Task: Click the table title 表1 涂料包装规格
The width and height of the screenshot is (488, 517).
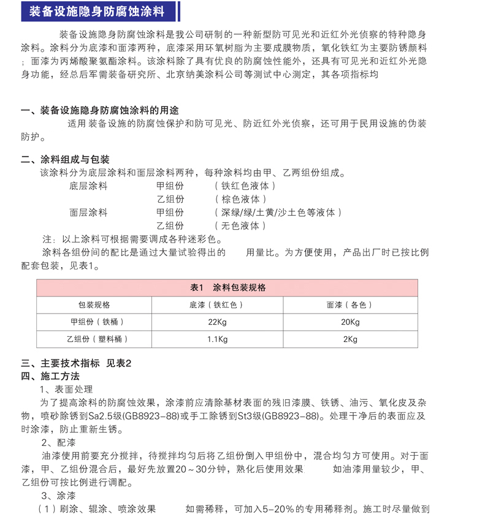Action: coord(227,287)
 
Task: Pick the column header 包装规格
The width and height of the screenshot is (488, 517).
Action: coord(93,304)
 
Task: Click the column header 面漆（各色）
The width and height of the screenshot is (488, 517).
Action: coord(350,304)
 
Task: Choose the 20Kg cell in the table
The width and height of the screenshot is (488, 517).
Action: coord(350,322)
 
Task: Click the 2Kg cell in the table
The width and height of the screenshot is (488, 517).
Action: coord(350,339)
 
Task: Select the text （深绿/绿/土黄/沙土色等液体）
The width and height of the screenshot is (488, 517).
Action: coord(278,213)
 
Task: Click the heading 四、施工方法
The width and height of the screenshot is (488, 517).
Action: coord(50,375)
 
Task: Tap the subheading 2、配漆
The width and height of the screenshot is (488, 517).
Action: coord(59,442)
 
